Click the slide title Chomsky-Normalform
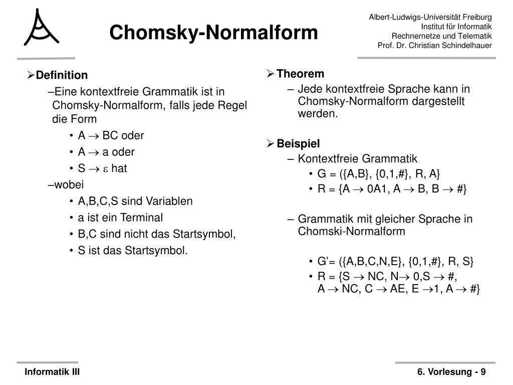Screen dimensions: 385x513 pos(214,33)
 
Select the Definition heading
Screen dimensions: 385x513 pos(62,75)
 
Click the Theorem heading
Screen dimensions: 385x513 pos(300,74)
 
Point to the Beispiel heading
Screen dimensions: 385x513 pos(298,144)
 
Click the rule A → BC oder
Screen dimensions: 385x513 pos(111,135)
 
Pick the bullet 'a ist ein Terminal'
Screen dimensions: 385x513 pos(120,218)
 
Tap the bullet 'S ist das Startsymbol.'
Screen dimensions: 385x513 pos(133,250)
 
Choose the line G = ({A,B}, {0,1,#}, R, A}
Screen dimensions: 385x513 pos(378,174)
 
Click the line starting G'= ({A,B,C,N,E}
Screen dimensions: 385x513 pos(395,262)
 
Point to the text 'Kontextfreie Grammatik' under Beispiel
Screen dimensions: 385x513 pos(357,159)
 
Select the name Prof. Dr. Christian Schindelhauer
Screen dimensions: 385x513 pos(434,46)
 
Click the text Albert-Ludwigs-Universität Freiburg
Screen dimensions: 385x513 pos(430,17)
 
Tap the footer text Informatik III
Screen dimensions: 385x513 pos(53,372)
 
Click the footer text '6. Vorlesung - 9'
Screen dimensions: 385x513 pos(451,372)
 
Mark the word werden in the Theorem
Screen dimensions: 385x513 pos(318,114)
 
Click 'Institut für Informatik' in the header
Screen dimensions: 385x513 pos(456,27)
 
